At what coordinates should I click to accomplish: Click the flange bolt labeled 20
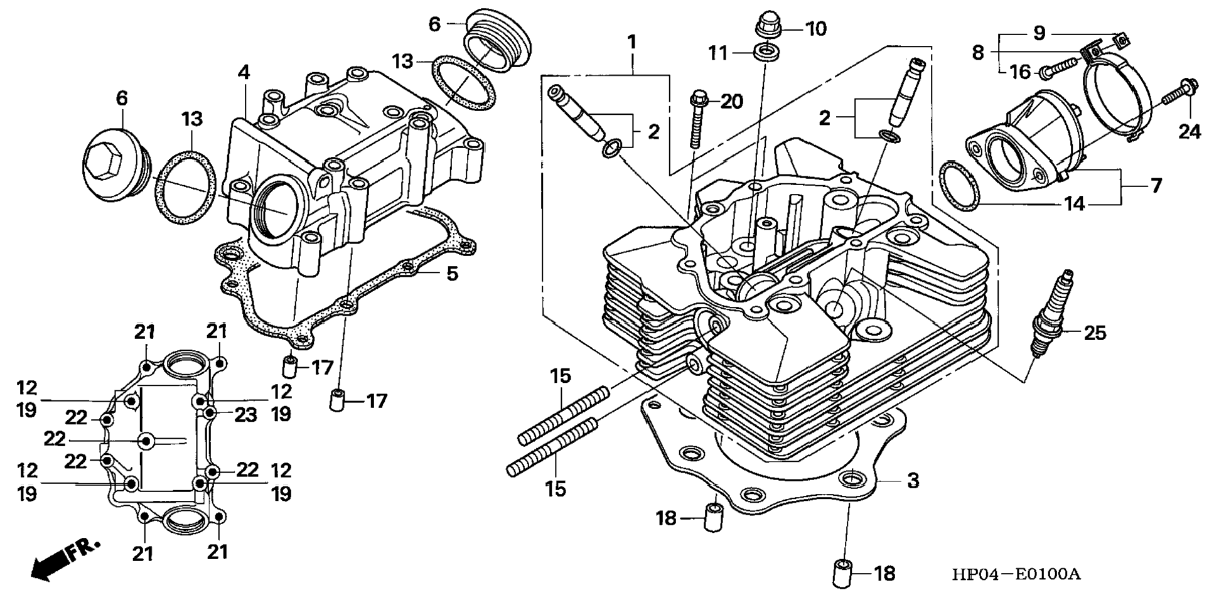click(697, 119)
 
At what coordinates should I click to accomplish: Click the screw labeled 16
click(1058, 68)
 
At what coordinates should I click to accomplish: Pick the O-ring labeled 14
click(959, 186)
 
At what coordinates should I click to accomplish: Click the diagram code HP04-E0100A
click(1017, 574)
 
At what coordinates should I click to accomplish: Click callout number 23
click(245, 415)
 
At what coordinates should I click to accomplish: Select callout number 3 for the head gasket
click(913, 481)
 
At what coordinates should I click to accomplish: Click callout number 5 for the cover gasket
click(452, 274)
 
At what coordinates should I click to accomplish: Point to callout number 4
click(244, 73)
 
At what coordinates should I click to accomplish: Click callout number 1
click(632, 41)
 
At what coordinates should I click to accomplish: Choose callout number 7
click(1156, 186)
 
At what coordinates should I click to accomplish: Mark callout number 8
click(978, 53)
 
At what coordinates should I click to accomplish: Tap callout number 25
click(1095, 333)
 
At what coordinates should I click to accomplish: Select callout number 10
click(815, 29)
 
